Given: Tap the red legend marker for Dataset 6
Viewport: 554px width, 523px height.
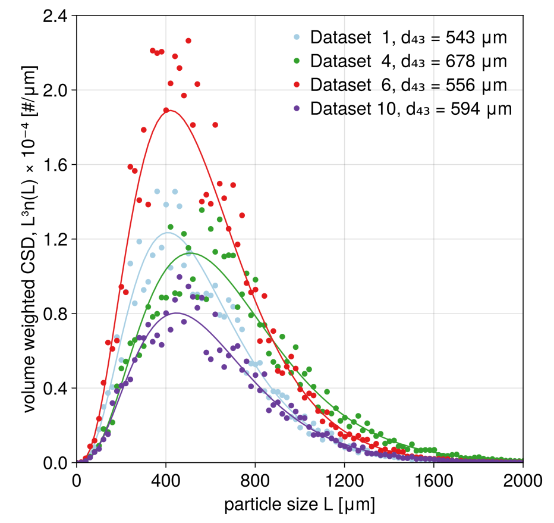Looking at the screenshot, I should coord(297,85).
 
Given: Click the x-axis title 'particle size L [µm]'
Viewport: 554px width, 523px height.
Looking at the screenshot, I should coord(299,505).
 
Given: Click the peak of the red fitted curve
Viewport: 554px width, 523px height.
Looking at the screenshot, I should coord(170,110).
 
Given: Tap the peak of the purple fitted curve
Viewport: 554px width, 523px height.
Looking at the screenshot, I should coord(177,313).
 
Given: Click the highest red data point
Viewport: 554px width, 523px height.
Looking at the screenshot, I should coord(188,40).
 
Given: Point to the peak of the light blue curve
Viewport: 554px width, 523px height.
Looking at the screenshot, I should coord(168,233).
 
